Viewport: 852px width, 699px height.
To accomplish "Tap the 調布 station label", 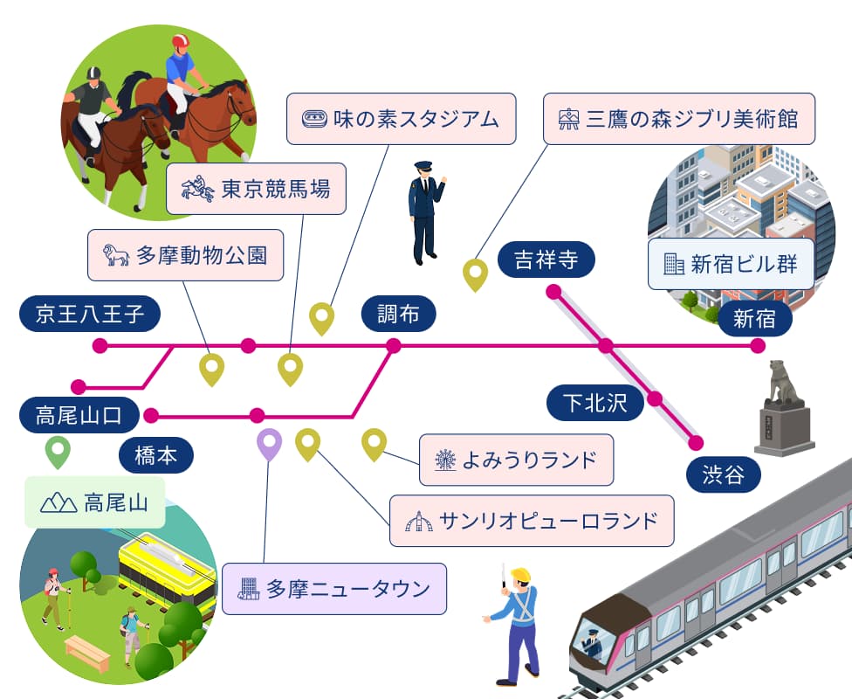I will coord(398,314).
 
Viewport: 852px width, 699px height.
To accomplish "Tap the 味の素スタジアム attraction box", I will coord(402,118).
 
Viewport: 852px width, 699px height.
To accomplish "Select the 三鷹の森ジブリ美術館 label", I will coord(679,118).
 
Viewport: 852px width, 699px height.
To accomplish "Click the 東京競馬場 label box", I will coord(256,189).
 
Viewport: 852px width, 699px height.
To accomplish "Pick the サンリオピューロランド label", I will coord(532,522).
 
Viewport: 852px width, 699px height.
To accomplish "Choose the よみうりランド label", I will coord(516,459).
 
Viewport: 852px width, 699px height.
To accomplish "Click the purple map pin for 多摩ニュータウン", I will coord(270,444).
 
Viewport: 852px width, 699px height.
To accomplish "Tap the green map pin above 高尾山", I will coord(58,452).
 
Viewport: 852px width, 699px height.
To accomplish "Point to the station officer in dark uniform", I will coord(425,211).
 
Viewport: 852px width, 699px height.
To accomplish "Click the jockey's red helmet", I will coord(181,41).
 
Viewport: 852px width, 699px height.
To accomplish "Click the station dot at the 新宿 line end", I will coord(757,347).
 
